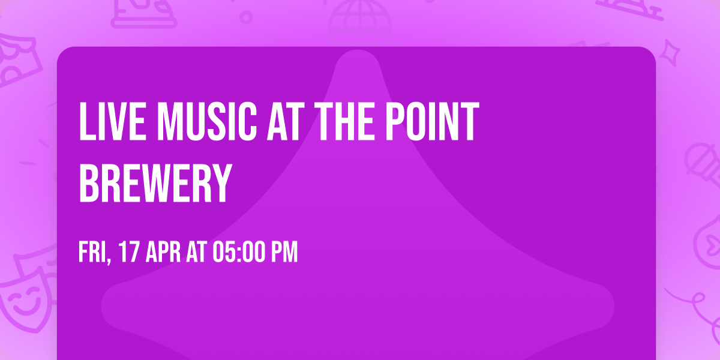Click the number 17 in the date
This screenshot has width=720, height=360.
pyautogui.click(x=128, y=253)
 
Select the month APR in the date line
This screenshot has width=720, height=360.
pyautogui.click(x=163, y=253)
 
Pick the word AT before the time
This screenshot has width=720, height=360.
pyautogui.click(x=197, y=253)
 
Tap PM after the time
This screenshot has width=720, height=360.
pyautogui.click(x=284, y=253)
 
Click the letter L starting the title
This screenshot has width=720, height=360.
pyautogui.click(x=86, y=122)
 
